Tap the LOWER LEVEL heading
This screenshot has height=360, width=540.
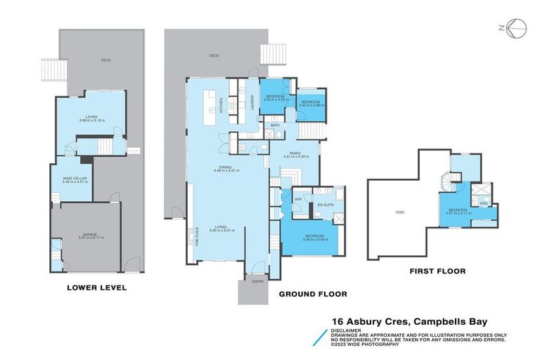[x=96, y=287]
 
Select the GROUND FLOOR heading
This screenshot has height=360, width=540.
[x=313, y=294]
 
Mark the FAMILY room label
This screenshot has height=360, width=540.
[x=291, y=153]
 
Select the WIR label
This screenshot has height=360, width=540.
[x=297, y=199]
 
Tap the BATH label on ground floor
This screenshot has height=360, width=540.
[x=276, y=125]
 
